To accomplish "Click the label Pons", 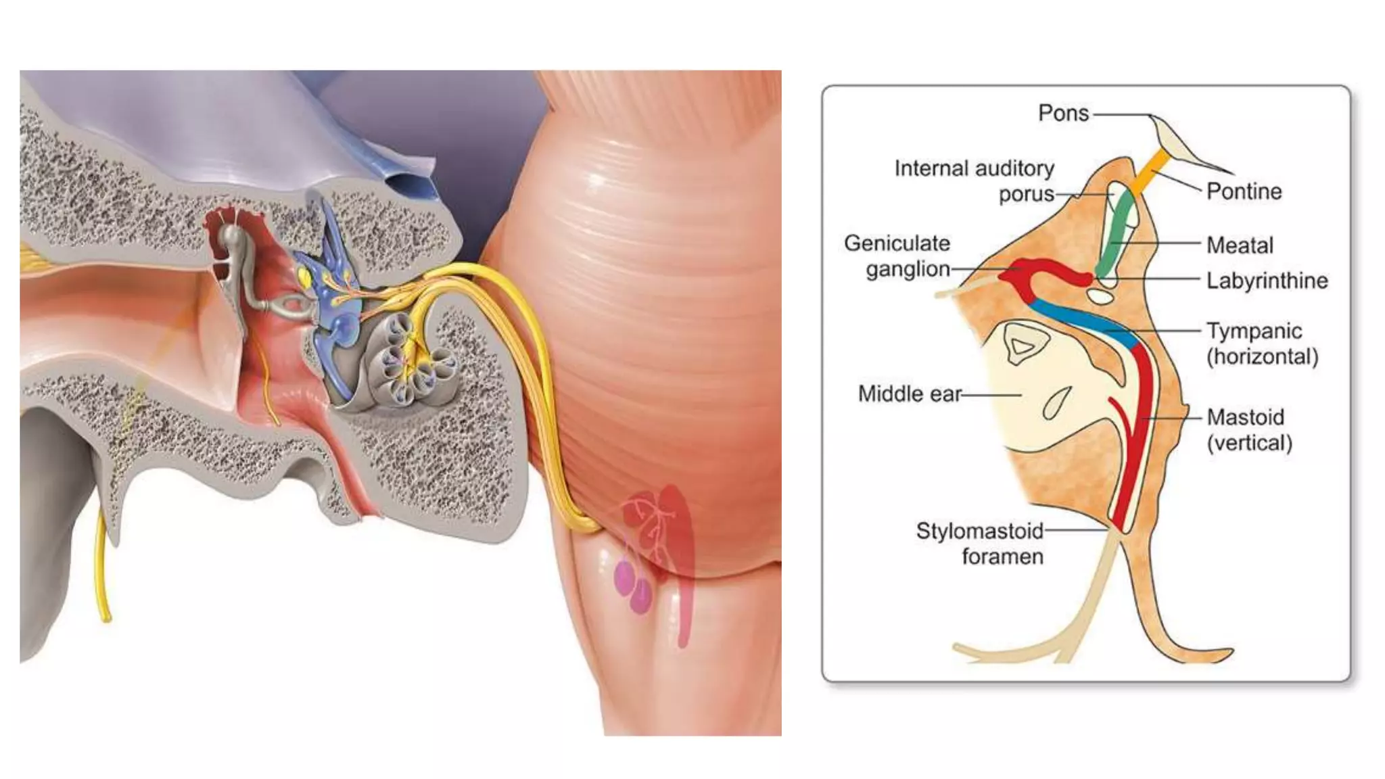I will [x=1063, y=113].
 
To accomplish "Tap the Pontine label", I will [x=1244, y=191].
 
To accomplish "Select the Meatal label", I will [x=1240, y=245].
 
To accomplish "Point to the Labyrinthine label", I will [x=1267, y=280].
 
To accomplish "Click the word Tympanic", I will [x=1254, y=331].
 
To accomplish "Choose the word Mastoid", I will [x=1245, y=417].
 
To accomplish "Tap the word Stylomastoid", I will [x=979, y=531].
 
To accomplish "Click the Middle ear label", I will [x=909, y=394].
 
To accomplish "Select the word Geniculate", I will [x=897, y=243].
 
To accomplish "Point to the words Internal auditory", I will [x=974, y=168].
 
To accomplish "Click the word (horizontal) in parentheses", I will [x=1263, y=356].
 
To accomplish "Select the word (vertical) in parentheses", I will [x=1249, y=443].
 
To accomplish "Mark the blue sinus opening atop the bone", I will [x=408, y=181].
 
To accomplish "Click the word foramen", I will [x=1002, y=557].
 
